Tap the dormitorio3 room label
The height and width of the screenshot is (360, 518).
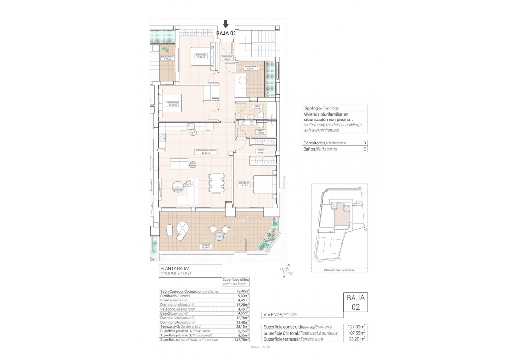[201, 55]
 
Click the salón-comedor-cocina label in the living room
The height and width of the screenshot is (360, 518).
[206, 152]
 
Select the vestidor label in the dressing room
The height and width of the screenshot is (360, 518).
[261, 151]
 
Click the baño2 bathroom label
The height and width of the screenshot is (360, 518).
[257, 107]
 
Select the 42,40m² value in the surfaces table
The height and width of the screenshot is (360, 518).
[243, 291]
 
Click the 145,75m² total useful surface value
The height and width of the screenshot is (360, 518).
[242, 339]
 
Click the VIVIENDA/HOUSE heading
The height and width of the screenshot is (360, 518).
[280, 315]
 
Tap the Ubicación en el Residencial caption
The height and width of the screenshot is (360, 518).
[340, 271]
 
